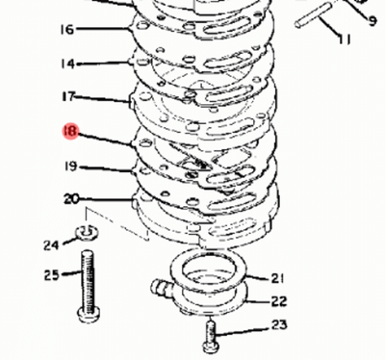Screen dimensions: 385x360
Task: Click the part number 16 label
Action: click(67, 30)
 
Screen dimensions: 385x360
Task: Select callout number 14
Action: click(67, 64)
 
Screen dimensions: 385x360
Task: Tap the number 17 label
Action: click(68, 96)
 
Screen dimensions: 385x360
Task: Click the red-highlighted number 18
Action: click(70, 131)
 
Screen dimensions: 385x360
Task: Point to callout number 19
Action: click(70, 167)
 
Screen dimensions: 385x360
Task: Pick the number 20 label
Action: click(71, 199)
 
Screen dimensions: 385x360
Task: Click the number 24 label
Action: click(51, 245)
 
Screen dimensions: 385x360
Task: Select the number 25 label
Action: click(52, 275)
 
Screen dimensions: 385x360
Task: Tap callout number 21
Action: click(277, 278)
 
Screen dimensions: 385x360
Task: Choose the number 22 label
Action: click(279, 301)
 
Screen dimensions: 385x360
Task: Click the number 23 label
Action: click(279, 325)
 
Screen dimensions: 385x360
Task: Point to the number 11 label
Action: click(345, 39)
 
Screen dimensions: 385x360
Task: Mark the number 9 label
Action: click(372, 21)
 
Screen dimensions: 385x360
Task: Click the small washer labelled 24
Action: click(87, 232)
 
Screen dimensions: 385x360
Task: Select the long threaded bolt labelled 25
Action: click(88, 286)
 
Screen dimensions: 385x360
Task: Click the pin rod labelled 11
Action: click(313, 15)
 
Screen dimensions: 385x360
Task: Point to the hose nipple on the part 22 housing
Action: click(160, 285)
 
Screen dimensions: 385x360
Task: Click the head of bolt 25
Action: click(89, 314)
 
